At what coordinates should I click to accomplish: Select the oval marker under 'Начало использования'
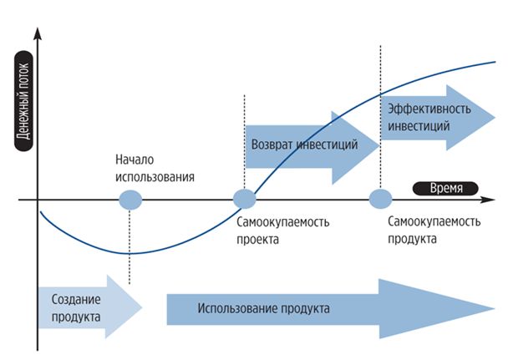[130, 200]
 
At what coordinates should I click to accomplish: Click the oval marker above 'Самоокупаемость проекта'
[244, 199]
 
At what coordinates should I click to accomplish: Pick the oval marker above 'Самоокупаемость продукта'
[380, 200]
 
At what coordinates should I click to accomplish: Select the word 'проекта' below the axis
[257, 238]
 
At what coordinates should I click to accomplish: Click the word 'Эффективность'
[425, 109]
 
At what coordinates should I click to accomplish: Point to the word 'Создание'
[76, 299]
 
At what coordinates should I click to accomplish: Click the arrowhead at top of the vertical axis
[38, 34]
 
